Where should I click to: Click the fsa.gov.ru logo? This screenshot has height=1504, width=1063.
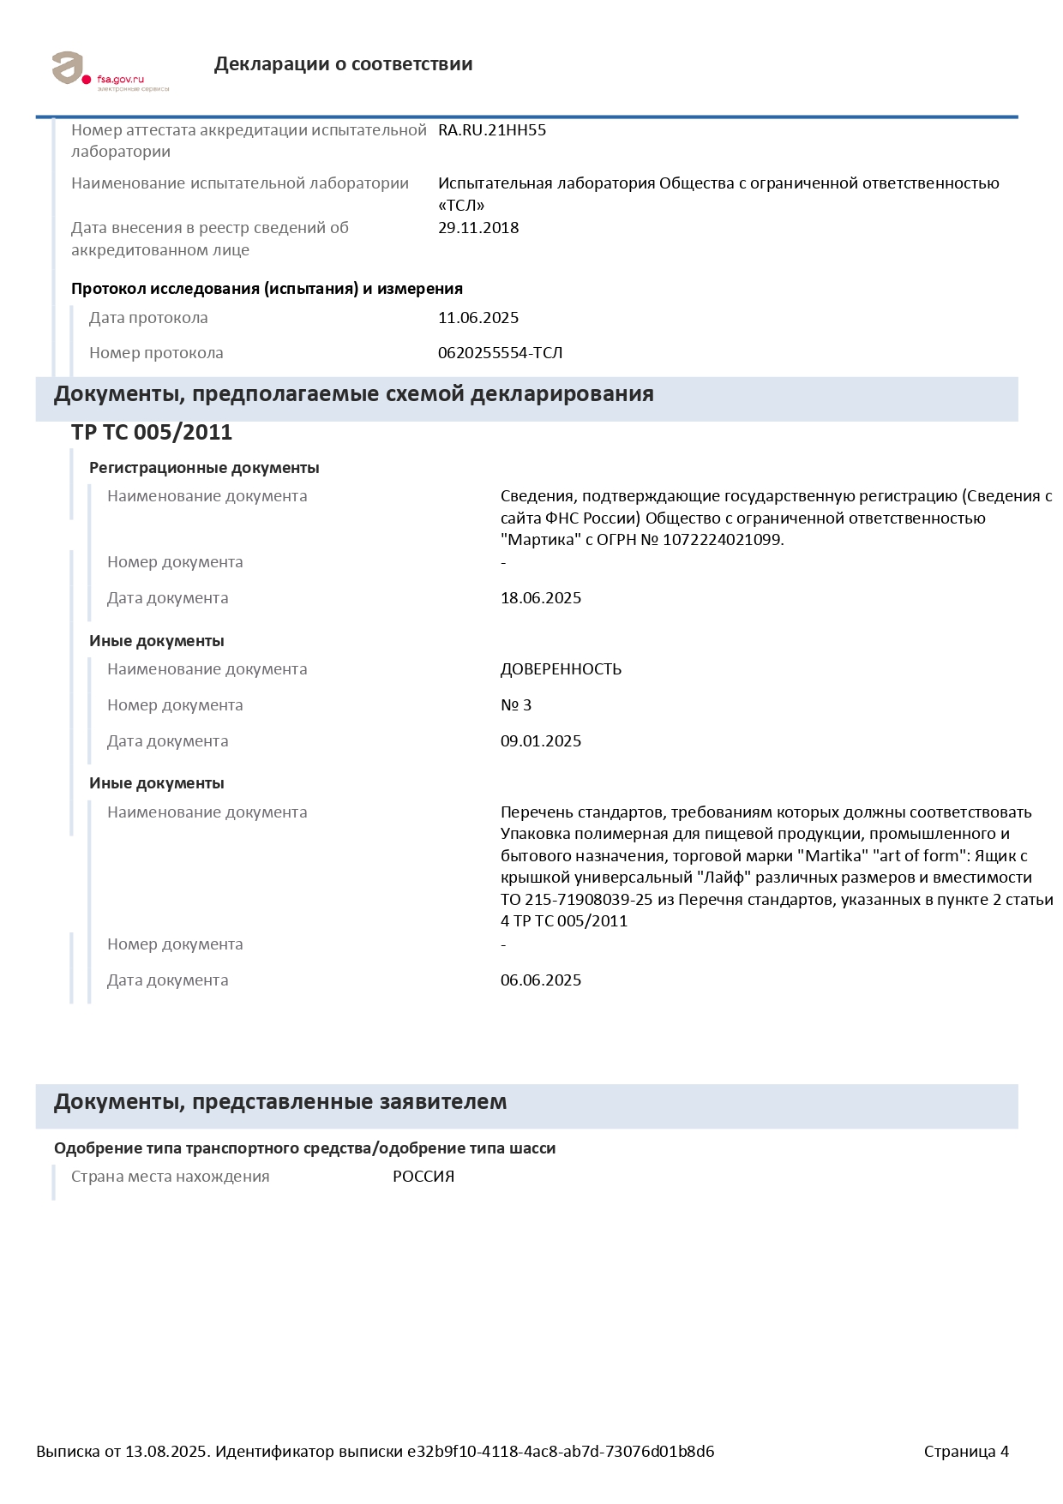(x=110, y=69)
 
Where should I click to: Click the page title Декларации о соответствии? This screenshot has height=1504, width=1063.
(x=343, y=64)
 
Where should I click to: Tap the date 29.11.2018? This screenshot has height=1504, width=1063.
(x=477, y=228)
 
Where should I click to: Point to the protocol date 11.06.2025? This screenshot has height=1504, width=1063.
(x=477, y=318)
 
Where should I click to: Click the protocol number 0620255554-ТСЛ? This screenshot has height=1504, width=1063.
(x=500, y=353)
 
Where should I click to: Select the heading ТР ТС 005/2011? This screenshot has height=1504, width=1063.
(x=151, y=432)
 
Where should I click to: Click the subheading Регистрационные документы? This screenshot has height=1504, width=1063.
(x=204, y=468)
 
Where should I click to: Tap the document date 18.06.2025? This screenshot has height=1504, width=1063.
(x=540, y=598)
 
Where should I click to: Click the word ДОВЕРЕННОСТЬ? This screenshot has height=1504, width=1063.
(x=561, y=669)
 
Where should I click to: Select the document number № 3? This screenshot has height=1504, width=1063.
(x=515, y=705)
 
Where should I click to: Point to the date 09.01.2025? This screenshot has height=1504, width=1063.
(x=540, y=741)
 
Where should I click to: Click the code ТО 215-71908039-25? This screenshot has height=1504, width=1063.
(x=577, y=900)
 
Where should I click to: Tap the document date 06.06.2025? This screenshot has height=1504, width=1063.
(x=540, y=980)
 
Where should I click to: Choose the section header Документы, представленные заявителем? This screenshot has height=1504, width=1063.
(x=279, y=1102)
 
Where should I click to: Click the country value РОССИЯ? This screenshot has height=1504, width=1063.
(x=423, y=1177)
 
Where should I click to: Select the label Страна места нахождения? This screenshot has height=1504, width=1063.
(x=170, y=1177)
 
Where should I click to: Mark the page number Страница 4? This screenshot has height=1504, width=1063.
(x=965, y=1452)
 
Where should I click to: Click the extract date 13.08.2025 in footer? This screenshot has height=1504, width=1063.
(x=166, y=1452)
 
